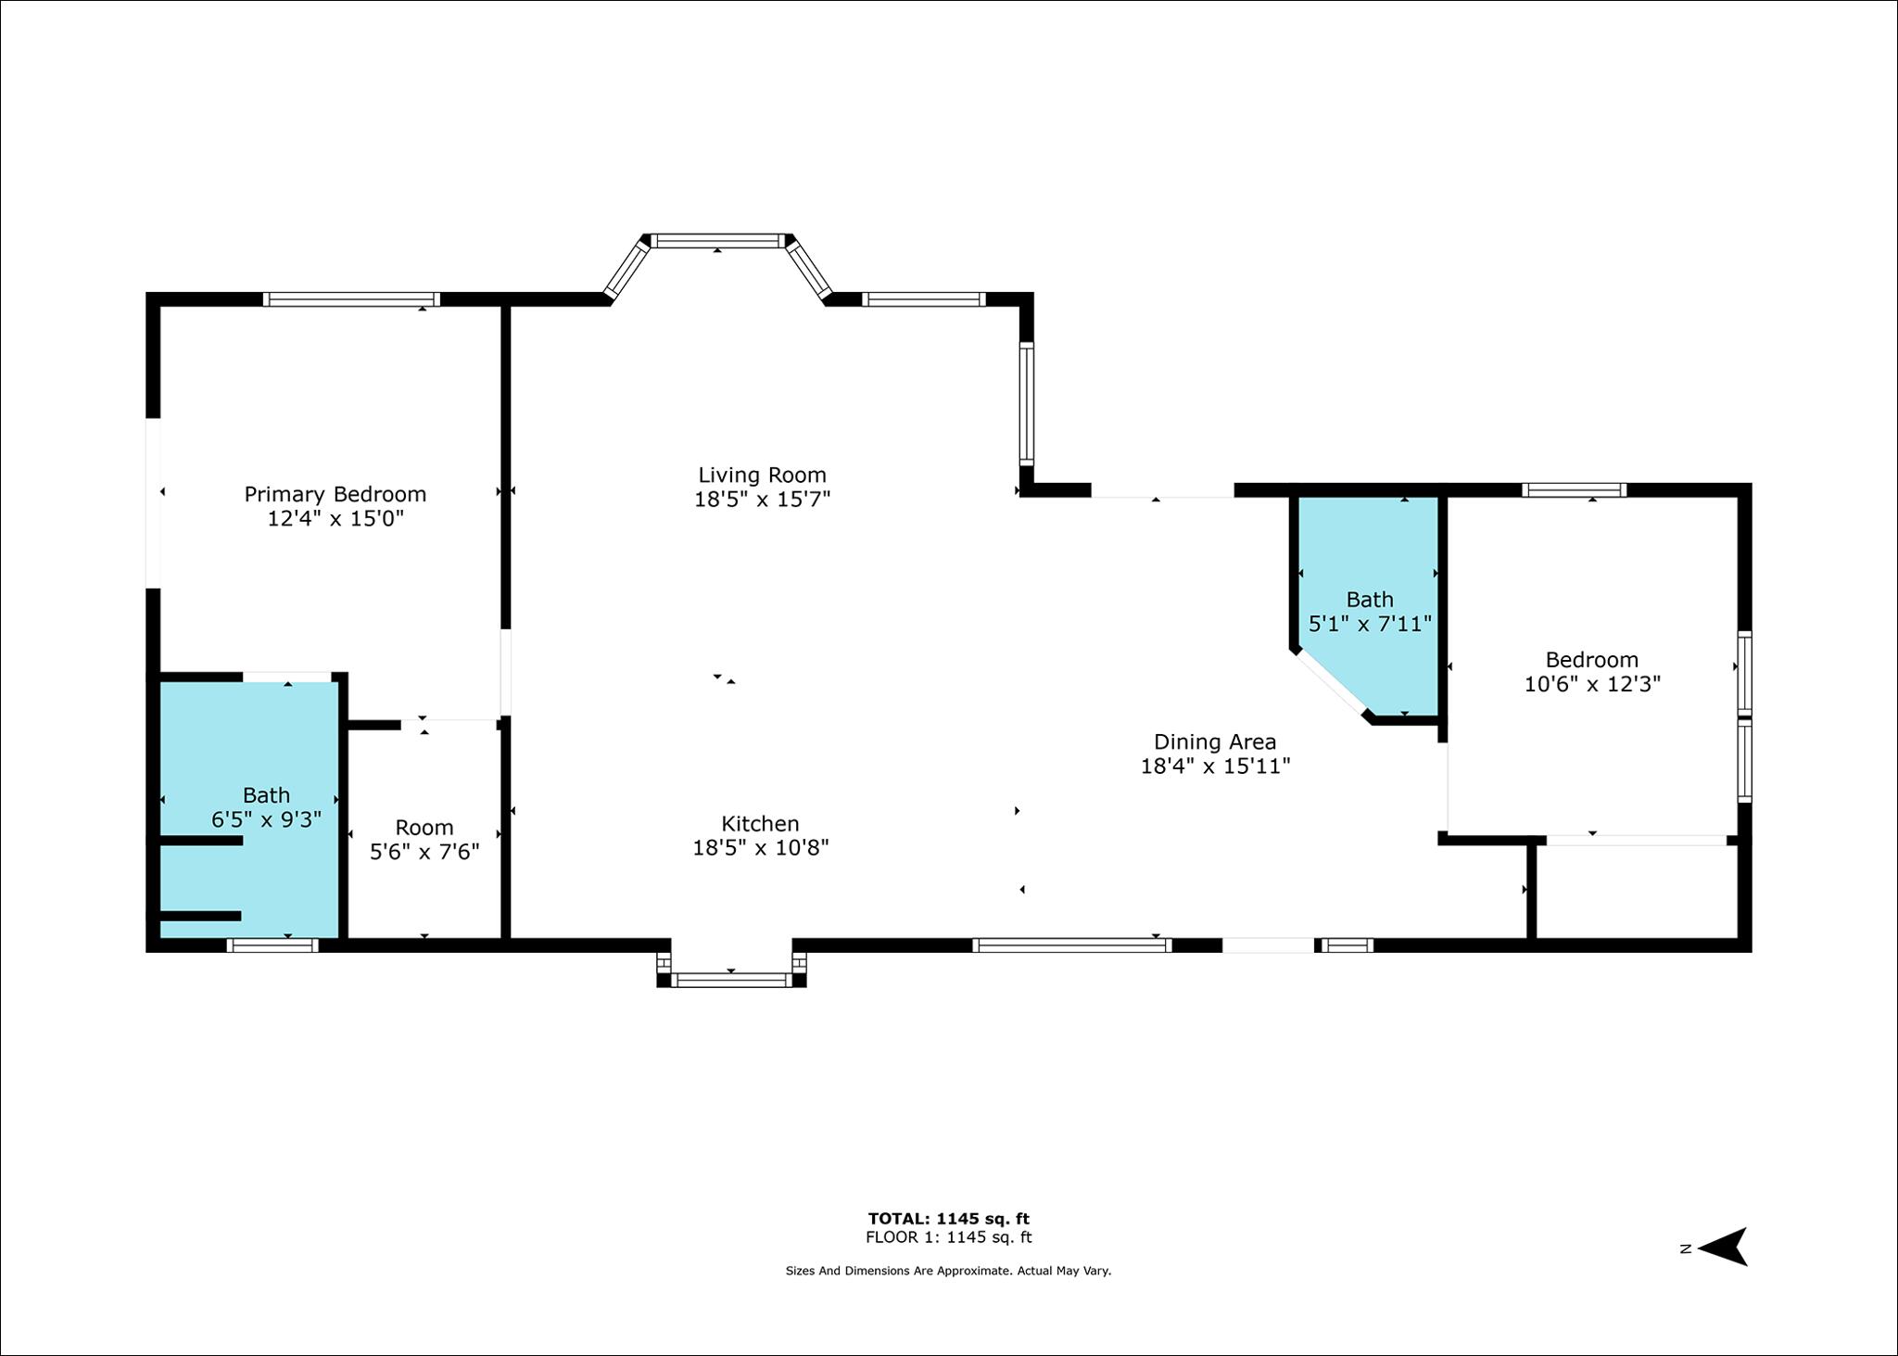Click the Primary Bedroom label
point(335,494)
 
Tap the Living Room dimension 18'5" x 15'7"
point(762,499)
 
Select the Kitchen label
point(760,823)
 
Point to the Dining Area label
point(1214,741)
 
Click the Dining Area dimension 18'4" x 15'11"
point(1215,766)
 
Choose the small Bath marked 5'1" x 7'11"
point(1369,612)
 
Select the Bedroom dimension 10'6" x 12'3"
point(1592,684)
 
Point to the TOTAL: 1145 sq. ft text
point(948,1219)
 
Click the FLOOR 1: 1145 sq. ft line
point(948,1237)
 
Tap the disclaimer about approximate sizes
point(948,1271)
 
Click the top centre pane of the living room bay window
point(717,241)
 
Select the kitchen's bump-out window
point(731,980)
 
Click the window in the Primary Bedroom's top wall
point(351,299)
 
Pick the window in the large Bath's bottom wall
point(272,945)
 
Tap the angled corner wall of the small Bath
point(1331,684)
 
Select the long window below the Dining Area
point(1072,945)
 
